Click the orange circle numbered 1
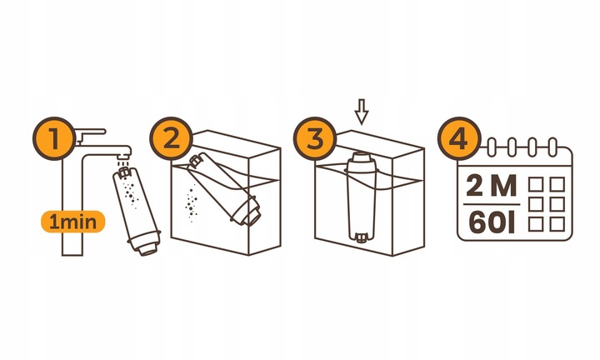tap(55, 138)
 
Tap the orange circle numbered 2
tap(172, 138)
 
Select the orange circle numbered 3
tap(313, 138)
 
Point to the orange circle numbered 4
tap(458, 138)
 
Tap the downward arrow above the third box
tap(361, 112)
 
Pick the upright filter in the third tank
tap(362, 196)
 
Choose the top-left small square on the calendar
tap(537, 182)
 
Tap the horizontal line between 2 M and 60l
tap(491, 204)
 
